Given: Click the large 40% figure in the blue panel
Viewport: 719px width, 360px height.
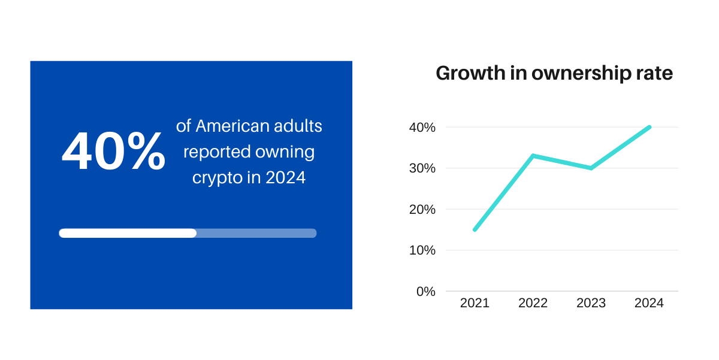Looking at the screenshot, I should click(113, 152).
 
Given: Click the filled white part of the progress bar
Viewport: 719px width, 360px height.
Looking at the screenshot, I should click(128, 233).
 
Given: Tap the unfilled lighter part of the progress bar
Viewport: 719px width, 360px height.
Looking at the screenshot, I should click(256, 233).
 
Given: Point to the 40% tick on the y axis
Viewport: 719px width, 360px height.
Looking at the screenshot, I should click(422, 128).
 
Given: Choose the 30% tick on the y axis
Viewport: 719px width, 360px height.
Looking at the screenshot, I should click(422, 168).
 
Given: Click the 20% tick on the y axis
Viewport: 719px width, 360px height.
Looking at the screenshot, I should click(422, 210).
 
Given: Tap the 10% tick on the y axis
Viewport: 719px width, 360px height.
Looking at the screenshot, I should click(422, 250).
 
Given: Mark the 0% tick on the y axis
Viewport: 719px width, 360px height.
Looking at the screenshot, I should click(425, 291).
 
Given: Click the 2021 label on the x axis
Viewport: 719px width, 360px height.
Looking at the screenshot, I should click(475, 303).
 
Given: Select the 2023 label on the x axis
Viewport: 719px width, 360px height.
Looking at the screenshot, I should click(591, 303).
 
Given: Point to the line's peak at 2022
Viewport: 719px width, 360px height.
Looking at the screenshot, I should click(533, 156).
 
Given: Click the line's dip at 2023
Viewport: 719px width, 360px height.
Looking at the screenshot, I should click(591, 168).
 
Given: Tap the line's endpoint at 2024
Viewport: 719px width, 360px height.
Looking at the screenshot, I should click(649, 127).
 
